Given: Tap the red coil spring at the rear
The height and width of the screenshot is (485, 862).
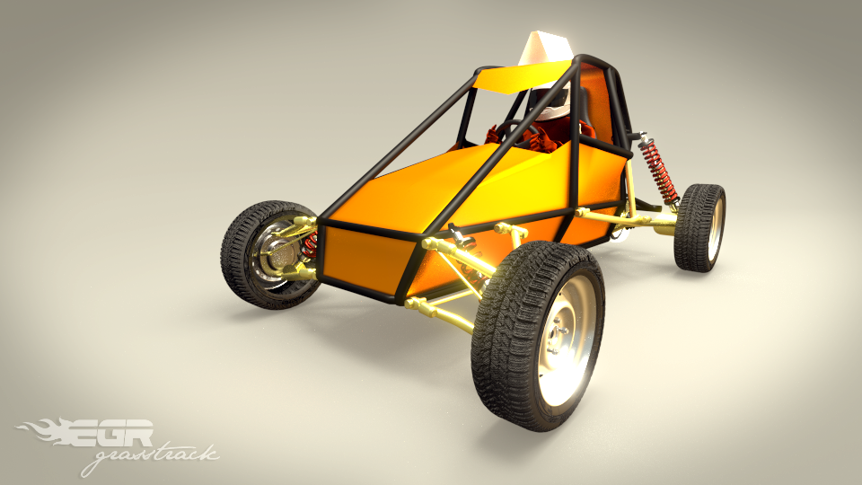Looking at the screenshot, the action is point(657,172).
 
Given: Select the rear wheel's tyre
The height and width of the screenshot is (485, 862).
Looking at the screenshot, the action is point(699,227).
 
